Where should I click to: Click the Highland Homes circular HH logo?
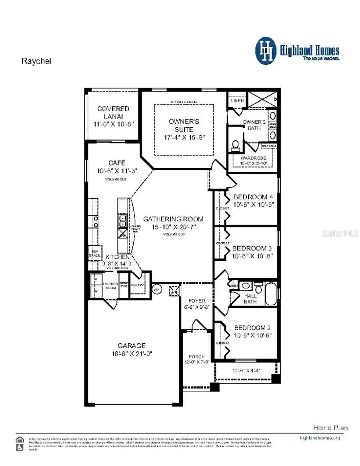click(266, 51)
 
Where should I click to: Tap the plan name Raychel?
click(36, 61)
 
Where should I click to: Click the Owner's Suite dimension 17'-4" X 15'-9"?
click(184, 138)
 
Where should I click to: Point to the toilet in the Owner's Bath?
click(235, 145)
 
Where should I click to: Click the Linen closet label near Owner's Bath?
click(237, 101)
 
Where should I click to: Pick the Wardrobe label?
click(253, 158)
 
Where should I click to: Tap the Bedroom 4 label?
click(254, 197)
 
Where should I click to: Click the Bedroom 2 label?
click(253, 327)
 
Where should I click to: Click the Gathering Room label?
click(173, 219)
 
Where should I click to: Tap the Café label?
click(117, 163)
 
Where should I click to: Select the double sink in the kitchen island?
click(122, 221)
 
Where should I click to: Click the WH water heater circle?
click(157, 289)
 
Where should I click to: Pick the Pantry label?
click(138, 285)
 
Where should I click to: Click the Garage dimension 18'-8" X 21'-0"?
click(132, 354)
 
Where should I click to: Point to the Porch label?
click(196, 357)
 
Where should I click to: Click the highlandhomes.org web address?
click(320, 438)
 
